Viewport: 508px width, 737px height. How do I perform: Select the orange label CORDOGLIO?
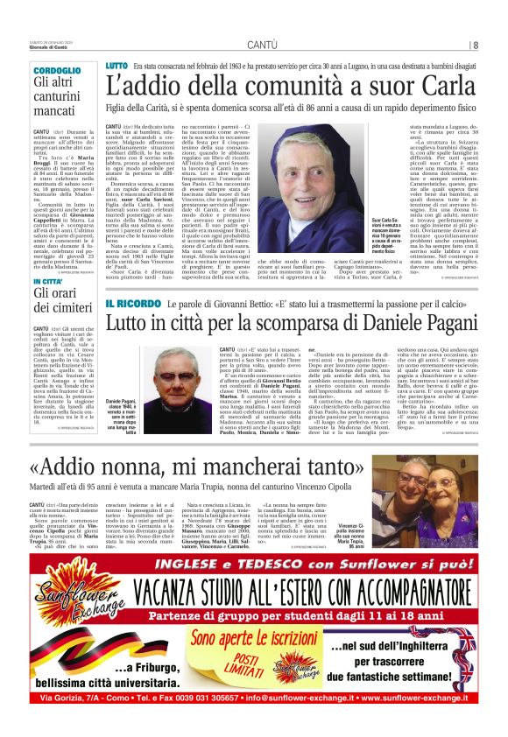click(x=53, y=70)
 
